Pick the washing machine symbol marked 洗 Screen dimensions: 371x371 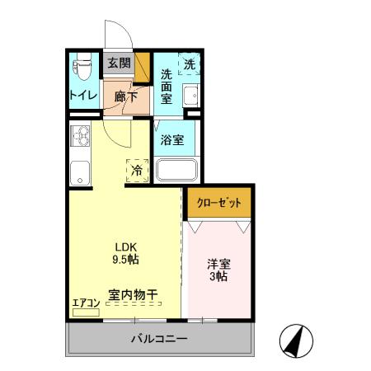(190, 64)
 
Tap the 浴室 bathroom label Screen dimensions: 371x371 (172, 139)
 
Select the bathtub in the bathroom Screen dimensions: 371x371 (176, 171)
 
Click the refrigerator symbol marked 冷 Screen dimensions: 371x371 (137, 170)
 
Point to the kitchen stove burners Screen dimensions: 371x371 (80, 135)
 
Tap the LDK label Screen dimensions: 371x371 (124, 246)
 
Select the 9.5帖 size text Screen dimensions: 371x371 (124, 259)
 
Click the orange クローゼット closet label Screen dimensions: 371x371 (218, 202)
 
